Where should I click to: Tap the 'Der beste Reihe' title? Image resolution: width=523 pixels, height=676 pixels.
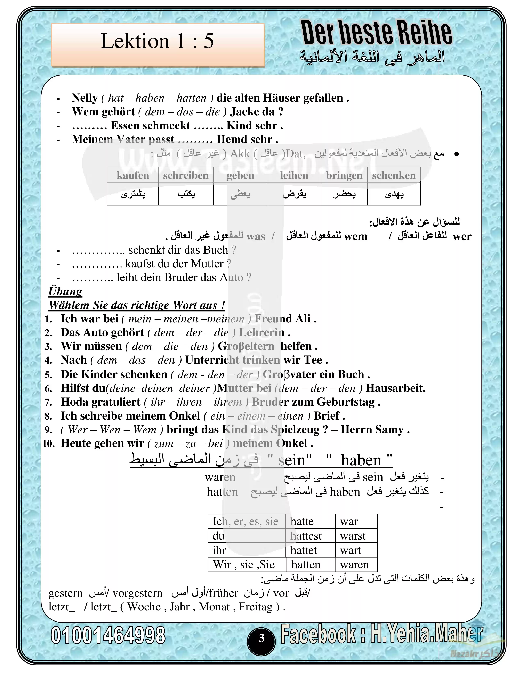click(x=377, y=33)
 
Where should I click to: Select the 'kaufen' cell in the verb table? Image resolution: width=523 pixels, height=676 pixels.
click(x=133, y=176)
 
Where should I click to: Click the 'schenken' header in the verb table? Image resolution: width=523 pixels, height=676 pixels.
click(x=394, y=176)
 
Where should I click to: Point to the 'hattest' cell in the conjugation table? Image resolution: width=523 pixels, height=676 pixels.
click(x=306, y=536)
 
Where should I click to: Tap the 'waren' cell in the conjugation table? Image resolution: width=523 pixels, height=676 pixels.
click(x=354, y=565)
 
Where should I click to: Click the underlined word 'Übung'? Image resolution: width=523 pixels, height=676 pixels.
click(x=65, y=291)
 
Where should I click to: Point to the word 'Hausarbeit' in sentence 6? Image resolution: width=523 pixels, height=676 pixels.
click(x=395, y=388)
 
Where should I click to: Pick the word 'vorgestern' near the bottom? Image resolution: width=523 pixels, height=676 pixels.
click(x=138, y=593)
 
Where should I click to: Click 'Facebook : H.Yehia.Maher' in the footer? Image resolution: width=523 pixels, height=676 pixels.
click(x=382, y=634)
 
